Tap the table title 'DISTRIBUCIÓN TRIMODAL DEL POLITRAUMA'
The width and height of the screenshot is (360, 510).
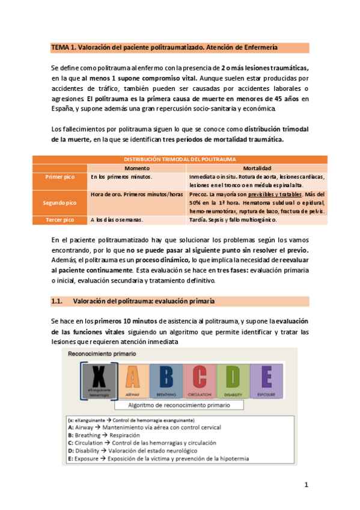tap(179, 159)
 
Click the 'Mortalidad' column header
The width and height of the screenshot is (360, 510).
tap(257, 168)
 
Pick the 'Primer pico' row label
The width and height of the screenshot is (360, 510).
tap(60, 177)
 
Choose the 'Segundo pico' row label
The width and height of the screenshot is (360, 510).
tap(60, 203)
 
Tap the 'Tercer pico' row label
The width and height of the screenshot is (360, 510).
tap(60, 220)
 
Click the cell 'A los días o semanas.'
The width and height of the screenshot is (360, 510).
tap(118, 220)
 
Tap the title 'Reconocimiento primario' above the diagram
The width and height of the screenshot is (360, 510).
tap(102, 355)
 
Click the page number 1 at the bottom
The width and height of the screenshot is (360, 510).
tap(306, 485)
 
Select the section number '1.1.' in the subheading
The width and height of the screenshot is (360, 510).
tap(57, 301)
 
